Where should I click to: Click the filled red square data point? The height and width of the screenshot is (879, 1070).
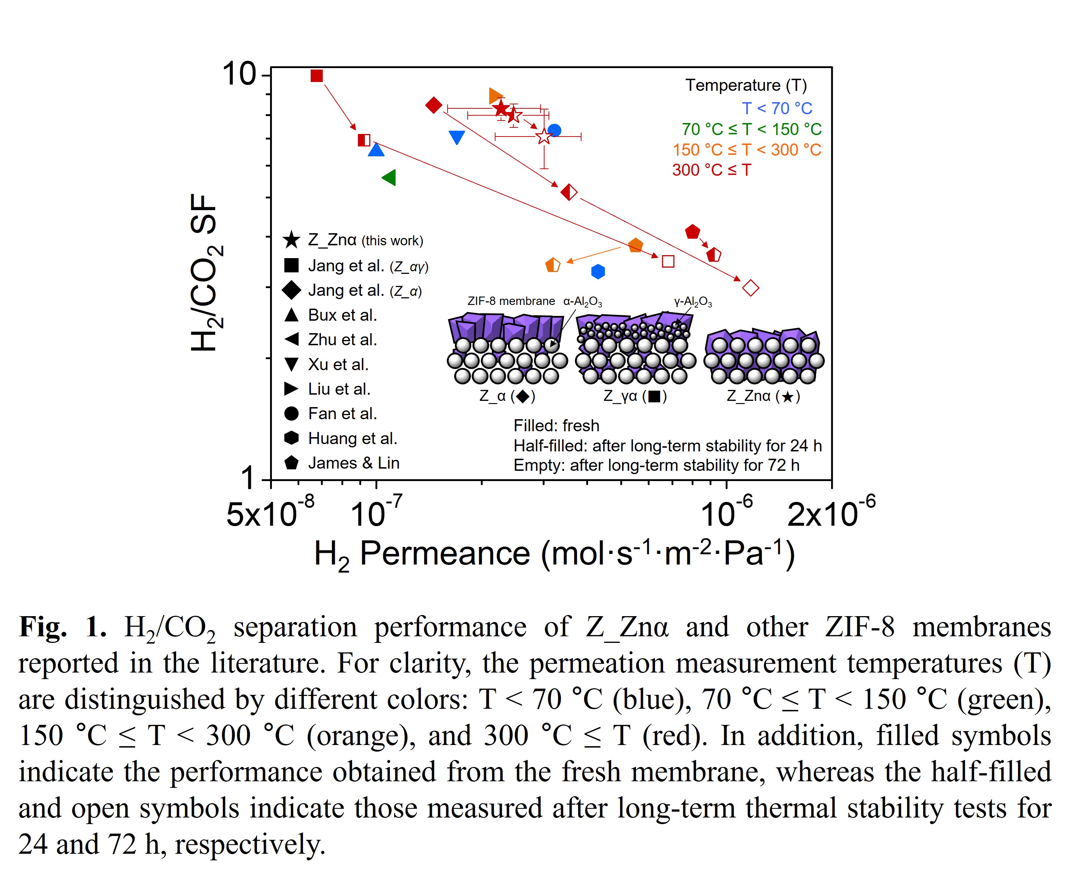tap(316, 76)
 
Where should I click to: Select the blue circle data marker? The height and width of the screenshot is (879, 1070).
tap(554, 130)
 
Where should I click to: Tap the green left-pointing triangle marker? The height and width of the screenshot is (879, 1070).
tap(389, 177)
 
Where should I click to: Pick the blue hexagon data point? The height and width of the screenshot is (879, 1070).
tap(598, 271)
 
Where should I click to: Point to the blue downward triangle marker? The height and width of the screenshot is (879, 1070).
tap(457, 137)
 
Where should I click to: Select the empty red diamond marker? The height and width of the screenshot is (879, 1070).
tap(750, 288)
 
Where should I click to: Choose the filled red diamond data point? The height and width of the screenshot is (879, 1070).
tap(434, 105)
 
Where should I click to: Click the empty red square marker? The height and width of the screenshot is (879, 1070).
tap(668, 261)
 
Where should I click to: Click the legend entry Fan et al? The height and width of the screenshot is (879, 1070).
tap(342, 414)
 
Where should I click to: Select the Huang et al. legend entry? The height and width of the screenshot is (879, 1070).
tap(352, 439)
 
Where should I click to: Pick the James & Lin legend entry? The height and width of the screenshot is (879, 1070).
tap(353, 463)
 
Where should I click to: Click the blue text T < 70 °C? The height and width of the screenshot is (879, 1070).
tap(777, 108)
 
